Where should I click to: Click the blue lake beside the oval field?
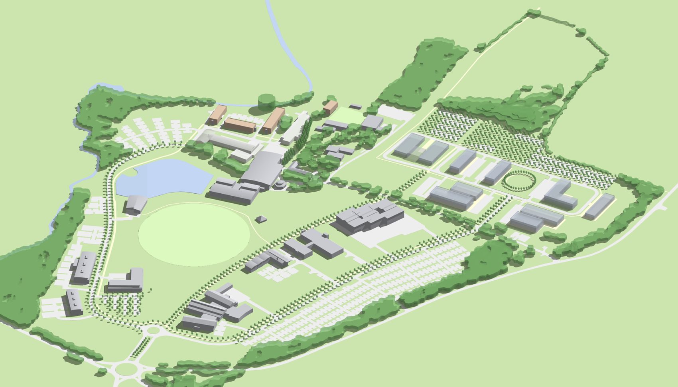(164, 178)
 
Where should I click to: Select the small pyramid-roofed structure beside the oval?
(262, 219)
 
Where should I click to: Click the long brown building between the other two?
(239, 125)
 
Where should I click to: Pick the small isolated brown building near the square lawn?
(331, 107)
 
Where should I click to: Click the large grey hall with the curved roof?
(263, 168)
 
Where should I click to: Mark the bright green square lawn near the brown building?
(347, 116)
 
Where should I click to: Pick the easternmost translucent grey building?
(598, 206)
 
